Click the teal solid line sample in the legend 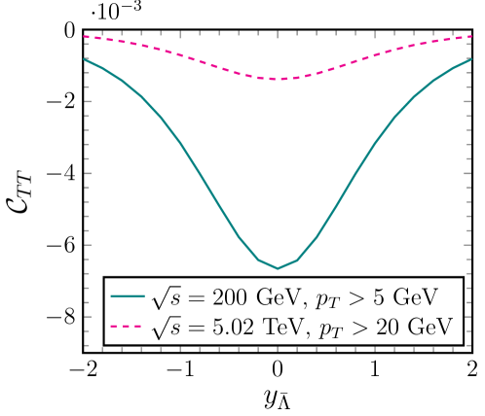[x=128, y=295]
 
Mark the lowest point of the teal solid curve [x=278, y=268]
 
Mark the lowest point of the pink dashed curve [x=278, y=80]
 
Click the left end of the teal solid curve [x=86, y=59]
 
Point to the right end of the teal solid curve [x=469, y=59]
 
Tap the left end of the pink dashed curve [x=86, y=37]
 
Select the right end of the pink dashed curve [x=469, y=37]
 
